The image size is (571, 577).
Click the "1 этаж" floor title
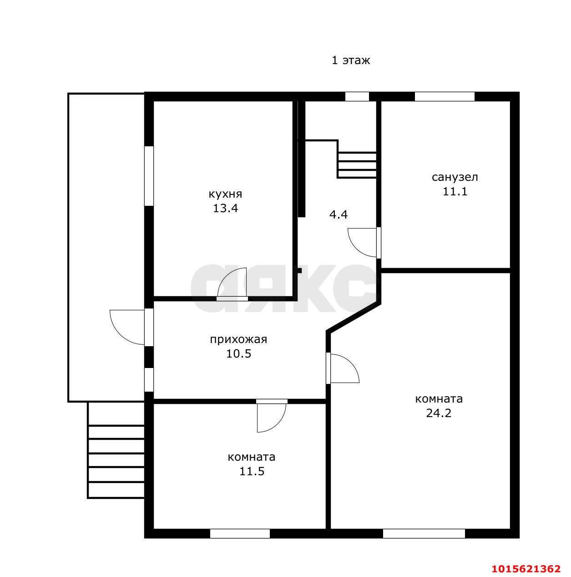coord(351,60)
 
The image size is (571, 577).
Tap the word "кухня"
coord(225,194)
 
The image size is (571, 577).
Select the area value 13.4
coord(225,208)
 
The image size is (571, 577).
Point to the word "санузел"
coord(455,177)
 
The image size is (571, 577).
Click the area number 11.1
coord(455,191)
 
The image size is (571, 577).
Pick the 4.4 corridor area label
coord(339,214)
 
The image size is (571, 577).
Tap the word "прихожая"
coord(238,339)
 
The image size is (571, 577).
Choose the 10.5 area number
coord(238,353)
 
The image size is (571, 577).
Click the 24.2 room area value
coord(439,413)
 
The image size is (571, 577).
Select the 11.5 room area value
coord(252,471)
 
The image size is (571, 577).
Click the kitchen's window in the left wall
coord(149,176)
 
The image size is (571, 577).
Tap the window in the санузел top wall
coord(445,97)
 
